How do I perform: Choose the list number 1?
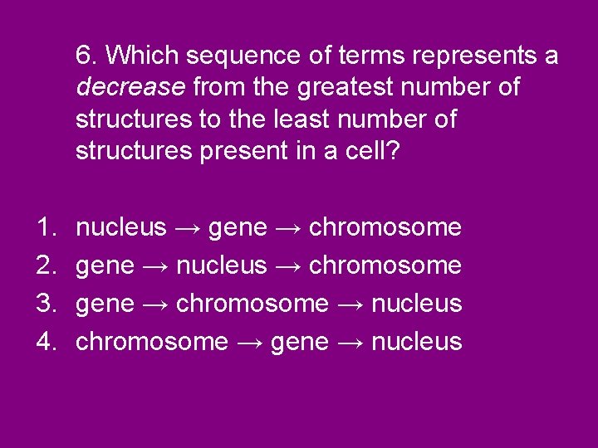43,227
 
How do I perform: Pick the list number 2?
43,265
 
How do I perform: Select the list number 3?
43,304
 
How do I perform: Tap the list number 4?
43,342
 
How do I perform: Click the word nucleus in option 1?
121,227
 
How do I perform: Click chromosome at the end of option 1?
385,227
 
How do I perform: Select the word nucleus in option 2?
223,265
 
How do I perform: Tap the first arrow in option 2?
155,266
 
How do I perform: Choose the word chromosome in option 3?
252,304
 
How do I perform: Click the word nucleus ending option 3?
417,304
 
